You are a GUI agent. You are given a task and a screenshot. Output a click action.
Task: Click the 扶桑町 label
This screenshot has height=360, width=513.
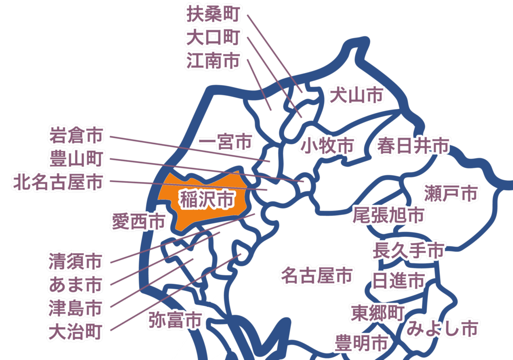pyautogui.click(x=213, y=14)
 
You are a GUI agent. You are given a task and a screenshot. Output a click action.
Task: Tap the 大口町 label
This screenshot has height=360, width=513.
pyautogui.click(x=213, y=38)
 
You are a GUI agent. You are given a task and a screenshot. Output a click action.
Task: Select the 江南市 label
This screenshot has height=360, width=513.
pyautogui.click(x=213, y=61)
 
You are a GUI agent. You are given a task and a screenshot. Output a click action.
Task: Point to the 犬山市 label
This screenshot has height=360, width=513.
pyautogui.click(x=356, y=95)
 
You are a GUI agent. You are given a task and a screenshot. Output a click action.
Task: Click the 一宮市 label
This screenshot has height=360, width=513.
pyautogui.click(x=225, y=142)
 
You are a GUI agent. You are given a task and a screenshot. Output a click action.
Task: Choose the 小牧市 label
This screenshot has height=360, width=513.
pyautogui.click(x=327, y=146)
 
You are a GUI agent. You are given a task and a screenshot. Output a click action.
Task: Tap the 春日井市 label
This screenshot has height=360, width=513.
pyautogui.click(x=413, y=146)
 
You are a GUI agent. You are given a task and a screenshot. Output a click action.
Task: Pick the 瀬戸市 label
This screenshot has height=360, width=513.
pyautogui.click(x=451, y=193)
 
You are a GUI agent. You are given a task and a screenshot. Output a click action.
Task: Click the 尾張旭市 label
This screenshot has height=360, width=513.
pyautogui.click(x=388, y=215)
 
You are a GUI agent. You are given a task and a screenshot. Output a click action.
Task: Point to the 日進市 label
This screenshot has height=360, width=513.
pyautogui.click(x=399, y=281)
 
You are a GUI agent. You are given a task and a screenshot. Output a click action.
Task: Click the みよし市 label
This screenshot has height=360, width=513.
pyautogui.click(x=442, y=328)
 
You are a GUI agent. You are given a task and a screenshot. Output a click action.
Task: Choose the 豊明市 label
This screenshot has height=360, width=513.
pyautogui.click(x=361, y=343)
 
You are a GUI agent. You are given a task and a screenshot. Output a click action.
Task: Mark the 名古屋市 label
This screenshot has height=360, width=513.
pyautogui.click(x=317, y=275)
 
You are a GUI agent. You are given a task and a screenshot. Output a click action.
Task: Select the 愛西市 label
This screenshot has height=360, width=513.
pyautogui.click(x=139, y=221)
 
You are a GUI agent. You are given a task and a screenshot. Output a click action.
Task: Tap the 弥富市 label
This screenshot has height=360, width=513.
pyautogui.click(x=175, y=320)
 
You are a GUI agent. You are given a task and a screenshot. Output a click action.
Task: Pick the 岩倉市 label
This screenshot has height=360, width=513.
pyautogui.click(x=76, y=135)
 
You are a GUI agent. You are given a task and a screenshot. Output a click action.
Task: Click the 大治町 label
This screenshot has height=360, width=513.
pyautogui.click(x=76, y=332)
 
